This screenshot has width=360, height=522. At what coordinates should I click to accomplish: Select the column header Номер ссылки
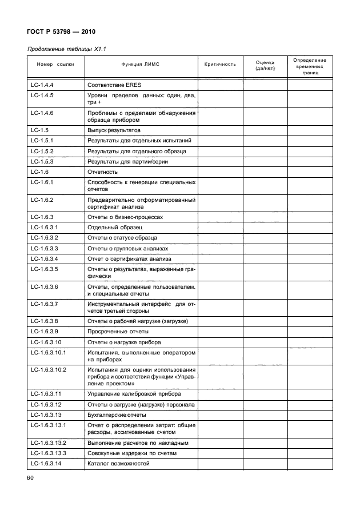click(55, 65)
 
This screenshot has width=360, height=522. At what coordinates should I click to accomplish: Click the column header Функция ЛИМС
click(141, 65)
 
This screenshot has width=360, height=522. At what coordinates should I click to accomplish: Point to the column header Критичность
click(219, 65)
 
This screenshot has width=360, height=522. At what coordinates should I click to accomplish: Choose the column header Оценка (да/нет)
click(265, 65)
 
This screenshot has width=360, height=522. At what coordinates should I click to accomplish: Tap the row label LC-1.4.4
click(42, 85)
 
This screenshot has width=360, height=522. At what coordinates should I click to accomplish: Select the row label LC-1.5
click(38, 130)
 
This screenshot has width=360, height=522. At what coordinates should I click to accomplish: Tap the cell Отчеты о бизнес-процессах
click(125, 217)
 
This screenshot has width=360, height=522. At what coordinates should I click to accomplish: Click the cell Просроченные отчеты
click(117, 332)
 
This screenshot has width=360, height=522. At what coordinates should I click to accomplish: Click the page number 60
click(31, 477)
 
